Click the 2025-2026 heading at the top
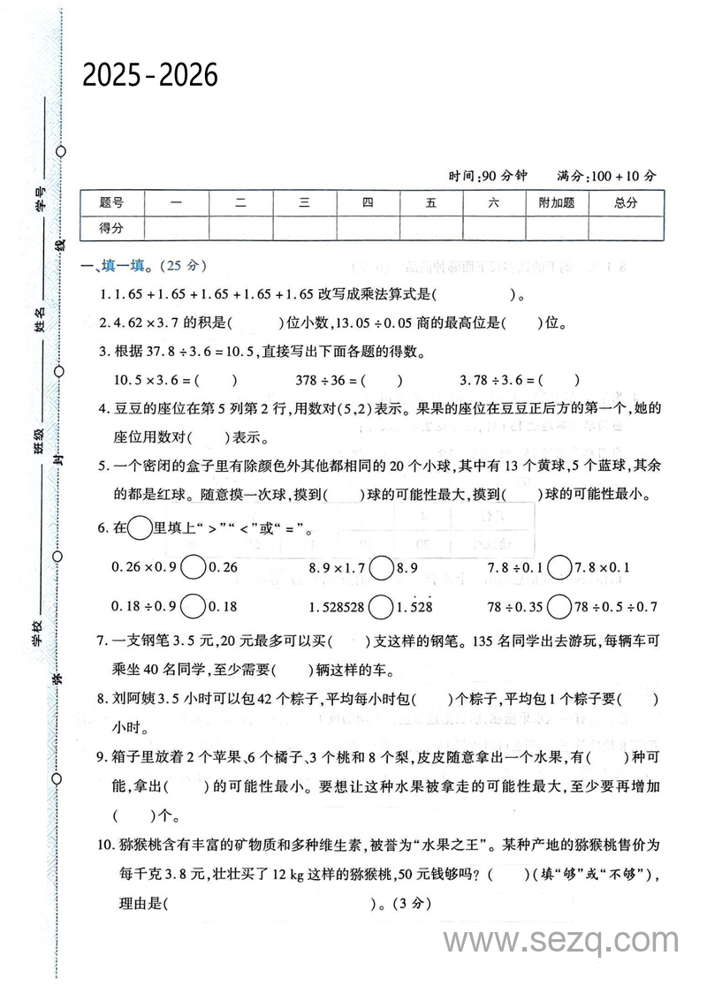(150, 76)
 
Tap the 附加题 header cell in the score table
(556, 202)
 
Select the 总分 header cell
(626, 202)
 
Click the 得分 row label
(111, 227)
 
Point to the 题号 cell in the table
(111, 202)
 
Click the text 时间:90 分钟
(487, 176)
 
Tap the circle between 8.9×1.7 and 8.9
(382, 567)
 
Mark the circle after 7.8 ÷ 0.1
(559, 567)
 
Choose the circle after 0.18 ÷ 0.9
(193, 607)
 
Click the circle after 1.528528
(382, 607)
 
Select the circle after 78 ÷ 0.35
(559, 607)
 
